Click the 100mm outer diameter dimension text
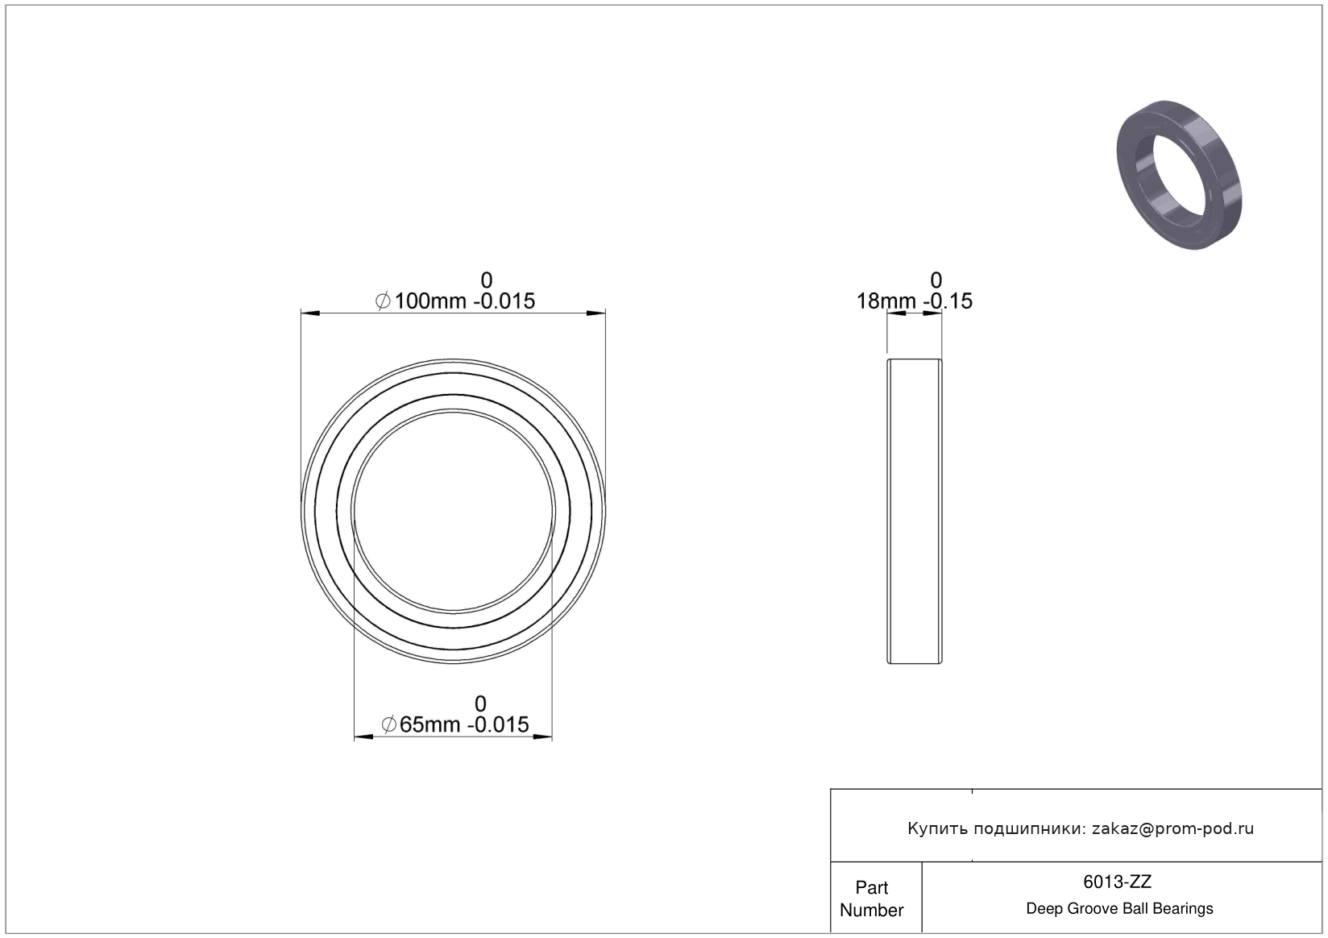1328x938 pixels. (455, 301)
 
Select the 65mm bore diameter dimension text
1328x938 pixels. (454, 724)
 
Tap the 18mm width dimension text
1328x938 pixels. (914, 301)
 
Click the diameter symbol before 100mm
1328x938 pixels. (383, 301)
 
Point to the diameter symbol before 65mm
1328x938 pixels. (389, 724)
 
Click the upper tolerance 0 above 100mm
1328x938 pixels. (486, 280)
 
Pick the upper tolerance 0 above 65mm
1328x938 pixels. (480, 703)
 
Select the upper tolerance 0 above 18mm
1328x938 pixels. (936, 280)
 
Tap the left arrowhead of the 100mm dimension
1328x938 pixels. (311, 313)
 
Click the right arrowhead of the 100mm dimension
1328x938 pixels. (596, 313)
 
